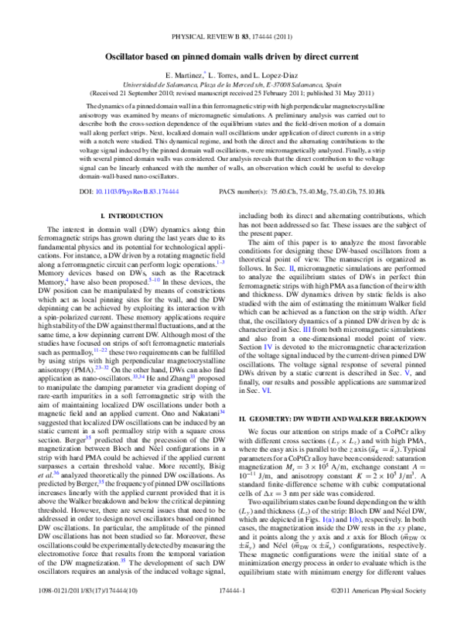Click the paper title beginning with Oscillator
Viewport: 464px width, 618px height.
tap(232, 57)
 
